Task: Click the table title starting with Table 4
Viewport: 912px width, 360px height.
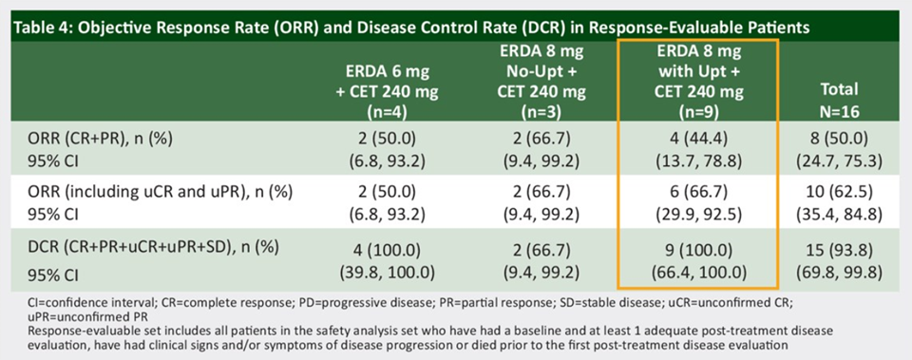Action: (410, 28)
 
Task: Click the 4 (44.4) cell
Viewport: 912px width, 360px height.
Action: (697, 141)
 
